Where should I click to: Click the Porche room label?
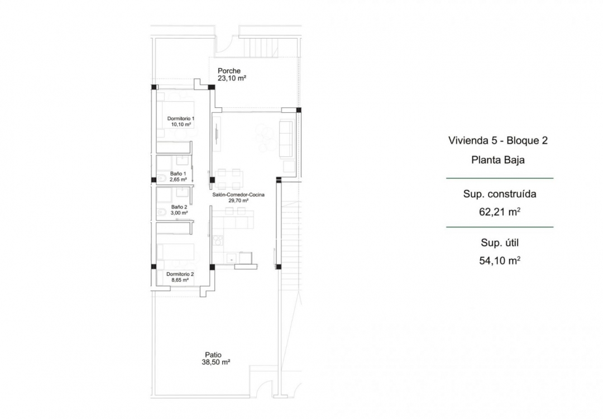229,71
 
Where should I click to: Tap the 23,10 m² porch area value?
232,79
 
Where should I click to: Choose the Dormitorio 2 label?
180,274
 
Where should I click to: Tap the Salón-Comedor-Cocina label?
238,194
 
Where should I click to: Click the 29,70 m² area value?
238,200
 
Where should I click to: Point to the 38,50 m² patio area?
216,362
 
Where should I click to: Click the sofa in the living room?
286,139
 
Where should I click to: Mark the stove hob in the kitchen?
216,242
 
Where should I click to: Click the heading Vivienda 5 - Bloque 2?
497,140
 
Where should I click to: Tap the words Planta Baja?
497,159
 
